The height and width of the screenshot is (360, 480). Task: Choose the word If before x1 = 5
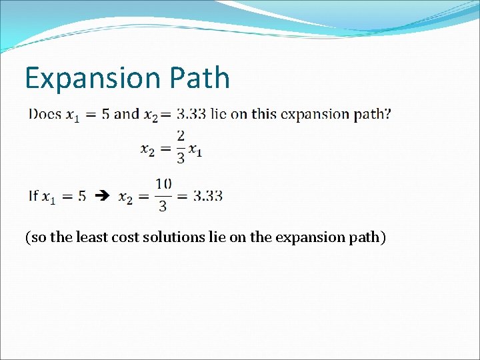tap(33, 195)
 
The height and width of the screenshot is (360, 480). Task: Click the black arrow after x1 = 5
tap(101, 196)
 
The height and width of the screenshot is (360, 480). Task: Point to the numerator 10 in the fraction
tap(163, 183)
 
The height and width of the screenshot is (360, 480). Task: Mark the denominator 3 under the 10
tap(163, 206)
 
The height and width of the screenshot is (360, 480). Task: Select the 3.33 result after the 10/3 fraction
tap(208, 195)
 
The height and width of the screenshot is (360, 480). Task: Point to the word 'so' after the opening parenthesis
tap(38, 237)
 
